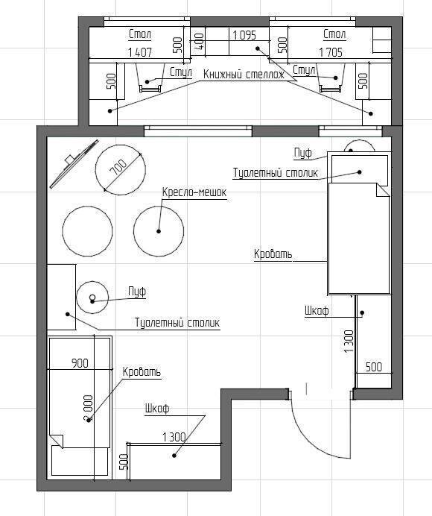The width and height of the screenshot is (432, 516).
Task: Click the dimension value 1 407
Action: tap(140, 52)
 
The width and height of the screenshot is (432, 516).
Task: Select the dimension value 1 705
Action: tap(331, 52)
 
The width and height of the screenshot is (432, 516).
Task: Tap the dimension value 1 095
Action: tap(244, 35)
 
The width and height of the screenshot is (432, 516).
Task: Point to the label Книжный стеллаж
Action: tap(244, 75)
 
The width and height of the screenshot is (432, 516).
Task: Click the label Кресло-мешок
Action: tap(194, 192)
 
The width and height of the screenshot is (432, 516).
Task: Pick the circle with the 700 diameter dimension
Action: tap(121, 145)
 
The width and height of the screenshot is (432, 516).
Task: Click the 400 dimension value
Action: tap(200, 42)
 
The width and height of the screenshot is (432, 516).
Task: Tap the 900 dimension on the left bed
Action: tap(80, 363)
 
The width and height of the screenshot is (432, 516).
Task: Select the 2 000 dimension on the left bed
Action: tap(89, 409)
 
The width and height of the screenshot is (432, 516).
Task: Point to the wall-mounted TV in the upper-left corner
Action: tap(74, 163)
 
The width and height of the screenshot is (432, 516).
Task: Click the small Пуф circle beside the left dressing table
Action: tap(92, 281)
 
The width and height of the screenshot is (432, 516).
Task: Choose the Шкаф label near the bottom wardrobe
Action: tap(157, 409)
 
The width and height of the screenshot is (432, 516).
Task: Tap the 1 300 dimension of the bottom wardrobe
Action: tap(174, 437)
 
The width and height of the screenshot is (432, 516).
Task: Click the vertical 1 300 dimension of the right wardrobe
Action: tap(349, 342)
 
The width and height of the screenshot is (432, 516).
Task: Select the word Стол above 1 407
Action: tap(140, 34)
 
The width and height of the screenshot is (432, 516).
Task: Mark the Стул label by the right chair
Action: tap(304, 70)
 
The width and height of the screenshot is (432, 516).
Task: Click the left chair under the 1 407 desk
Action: tap(150, 78)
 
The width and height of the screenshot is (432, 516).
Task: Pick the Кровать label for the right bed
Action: tap(273, 254)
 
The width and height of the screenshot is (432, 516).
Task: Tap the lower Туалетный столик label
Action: tap(177, 322)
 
